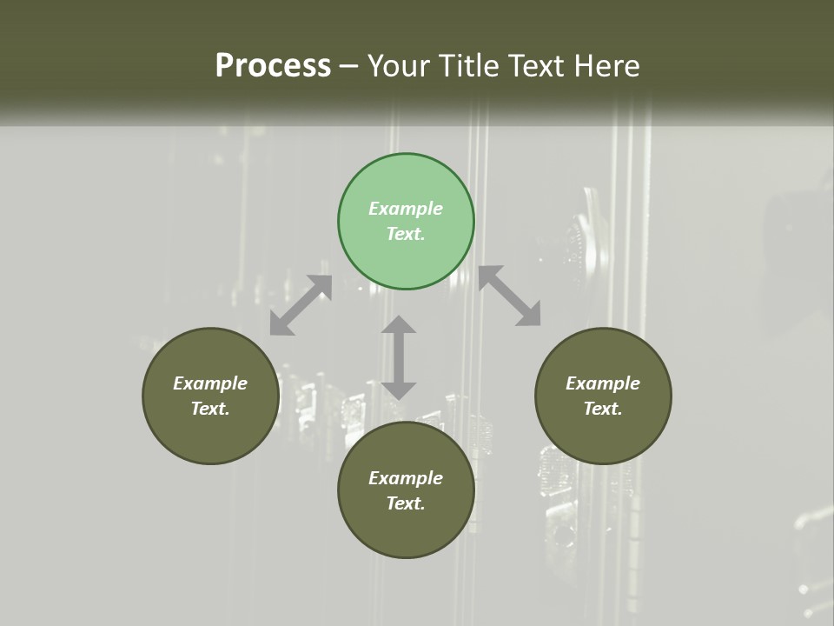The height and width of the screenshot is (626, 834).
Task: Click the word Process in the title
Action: (x=273, y=66)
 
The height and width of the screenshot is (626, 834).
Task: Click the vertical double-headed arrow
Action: (x=399, y=358)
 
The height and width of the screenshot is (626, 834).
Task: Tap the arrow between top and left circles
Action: (x=301, y=305)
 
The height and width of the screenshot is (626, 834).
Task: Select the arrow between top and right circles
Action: (x=510, y=296)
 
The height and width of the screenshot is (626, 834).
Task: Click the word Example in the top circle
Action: (x=406, y=209)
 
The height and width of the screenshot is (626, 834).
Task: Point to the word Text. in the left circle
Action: (x=210, y=409)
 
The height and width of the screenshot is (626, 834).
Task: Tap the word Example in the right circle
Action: (x=603, y=383)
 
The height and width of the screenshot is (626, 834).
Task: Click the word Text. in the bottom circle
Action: (x=406, y=503)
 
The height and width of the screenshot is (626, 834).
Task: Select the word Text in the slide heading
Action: (x=540, y=66)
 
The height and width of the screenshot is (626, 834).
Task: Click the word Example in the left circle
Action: (x=210, y=383)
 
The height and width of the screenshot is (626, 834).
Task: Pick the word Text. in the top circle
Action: (x=406, y=234)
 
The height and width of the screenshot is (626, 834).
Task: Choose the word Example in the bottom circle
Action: (x=406, y=478)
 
